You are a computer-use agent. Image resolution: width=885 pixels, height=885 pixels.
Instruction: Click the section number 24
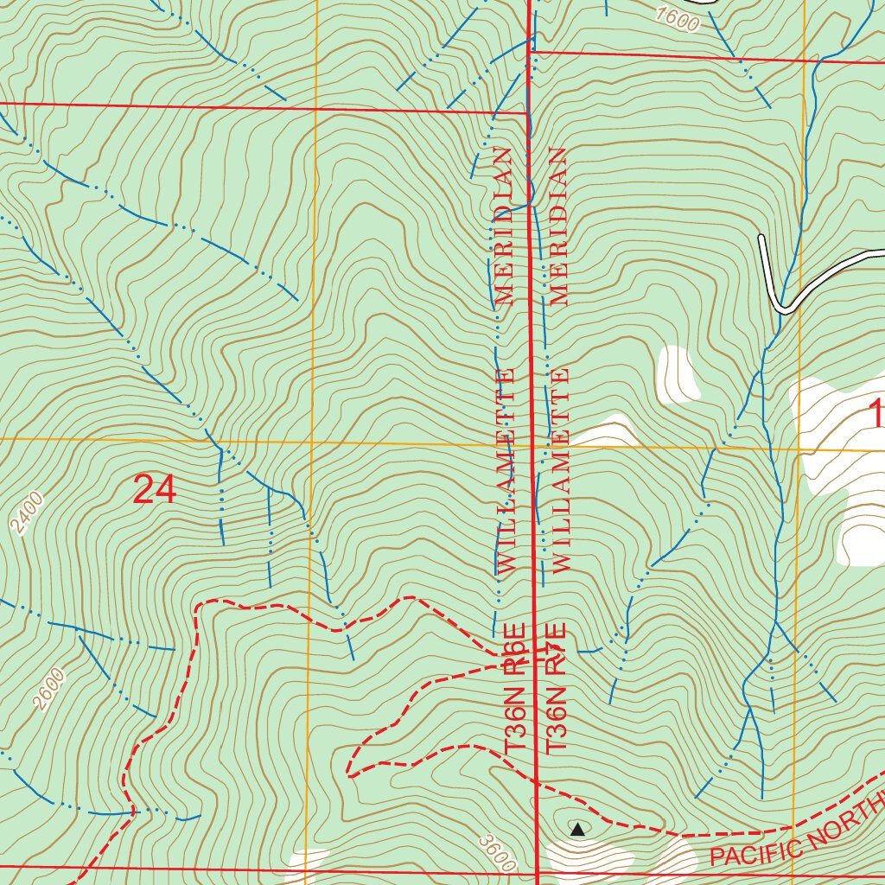coord(156,490)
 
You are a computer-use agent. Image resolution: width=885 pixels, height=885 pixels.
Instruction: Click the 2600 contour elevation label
coord(50,691)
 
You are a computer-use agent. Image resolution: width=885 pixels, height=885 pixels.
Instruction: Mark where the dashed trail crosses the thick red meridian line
coord(536,783)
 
